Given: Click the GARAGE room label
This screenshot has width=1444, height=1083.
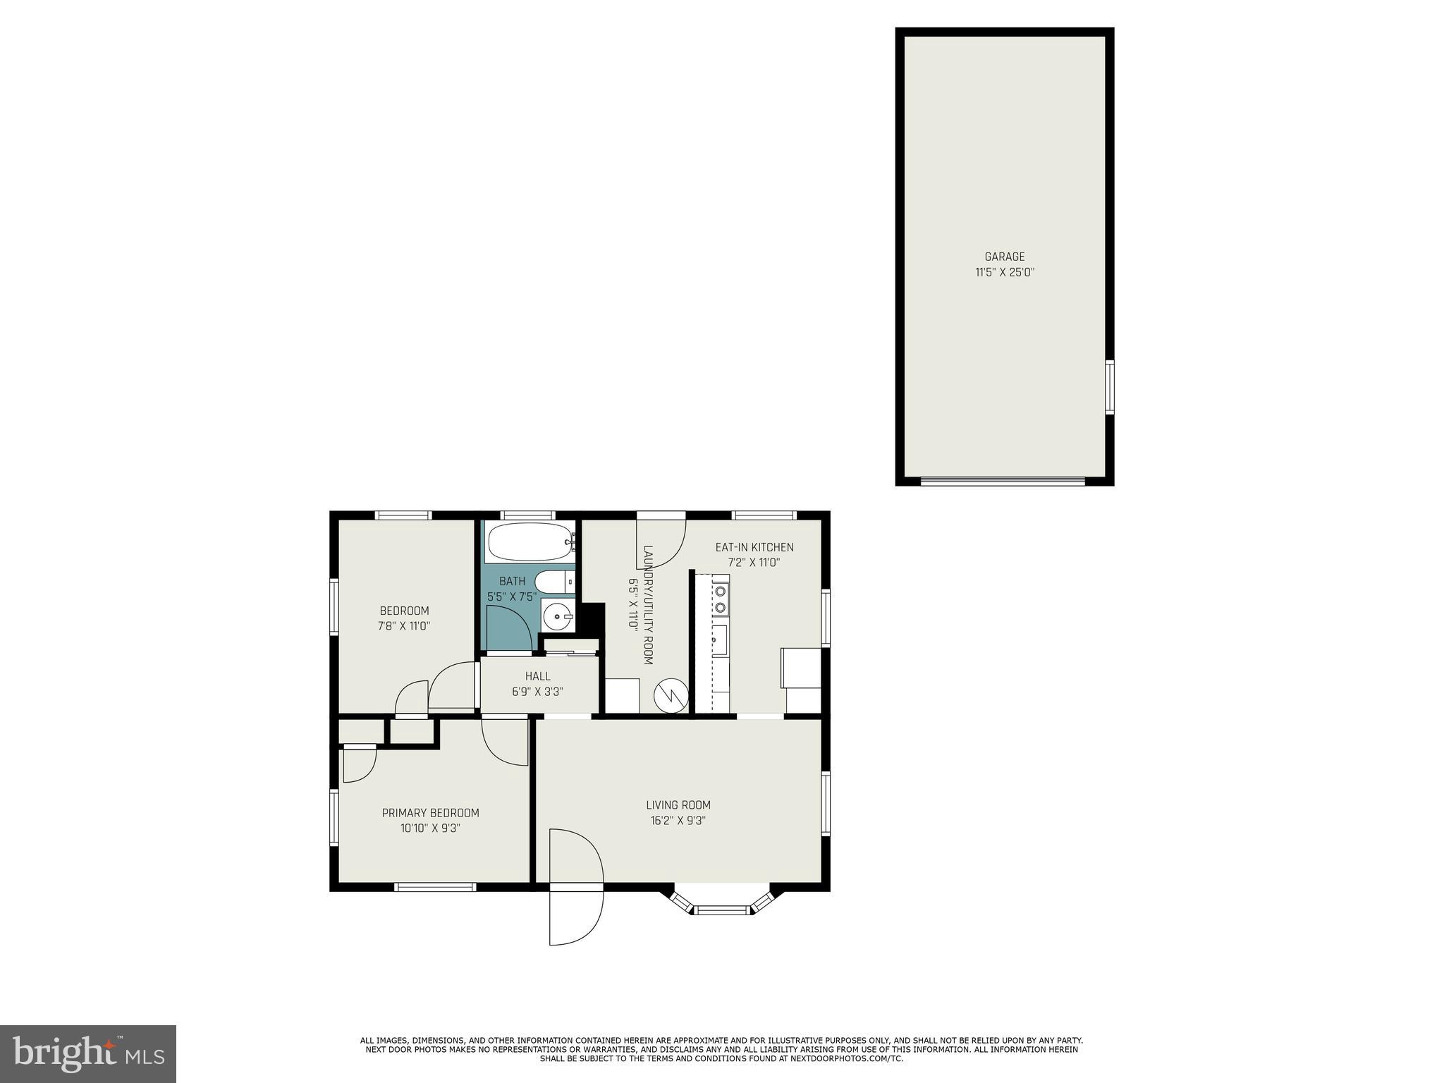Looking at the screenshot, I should pos(1004,257).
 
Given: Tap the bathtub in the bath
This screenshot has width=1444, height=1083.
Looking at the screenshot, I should pos(529,541).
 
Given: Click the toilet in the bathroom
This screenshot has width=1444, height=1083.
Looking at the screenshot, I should pos(553,582).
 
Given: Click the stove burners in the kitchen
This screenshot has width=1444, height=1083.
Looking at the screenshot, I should pos(720,599).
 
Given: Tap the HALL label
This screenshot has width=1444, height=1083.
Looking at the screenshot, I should pos(537,676).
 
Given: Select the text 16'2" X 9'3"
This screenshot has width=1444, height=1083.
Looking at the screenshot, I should pos(678,821).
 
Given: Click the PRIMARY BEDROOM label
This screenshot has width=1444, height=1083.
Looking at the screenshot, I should pos(430,813).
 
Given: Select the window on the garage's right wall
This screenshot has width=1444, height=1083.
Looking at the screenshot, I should pos(1109,387).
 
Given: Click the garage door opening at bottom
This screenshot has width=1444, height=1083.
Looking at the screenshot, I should pos(1002,482).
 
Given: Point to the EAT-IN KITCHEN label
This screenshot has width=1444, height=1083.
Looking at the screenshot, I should pos(754,547).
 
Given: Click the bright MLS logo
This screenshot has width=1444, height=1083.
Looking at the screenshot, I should pos(87,1054).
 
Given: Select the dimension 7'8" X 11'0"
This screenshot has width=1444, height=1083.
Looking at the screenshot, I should pos(404,626).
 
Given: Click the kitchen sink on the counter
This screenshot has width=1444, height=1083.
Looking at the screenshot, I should pos(720,640).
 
